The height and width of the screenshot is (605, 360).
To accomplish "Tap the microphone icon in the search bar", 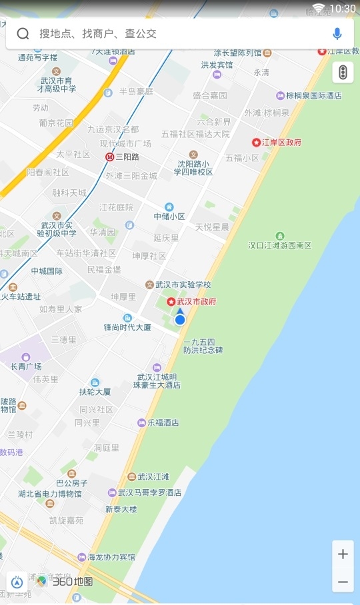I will (x=337, y=33).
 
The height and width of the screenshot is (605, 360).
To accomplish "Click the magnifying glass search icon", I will (x=23, y=34).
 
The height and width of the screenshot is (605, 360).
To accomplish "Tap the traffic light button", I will (x=343, y=72).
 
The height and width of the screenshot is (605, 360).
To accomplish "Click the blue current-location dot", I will (x=179, y=320).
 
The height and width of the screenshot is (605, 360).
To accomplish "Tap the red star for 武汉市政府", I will (x=171, y=302).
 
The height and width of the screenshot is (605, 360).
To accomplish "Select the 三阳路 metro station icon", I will (x=109, y=157).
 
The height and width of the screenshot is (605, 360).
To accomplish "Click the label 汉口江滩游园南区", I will (x=279, y=245).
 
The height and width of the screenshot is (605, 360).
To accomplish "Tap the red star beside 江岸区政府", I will (x=256, y=142).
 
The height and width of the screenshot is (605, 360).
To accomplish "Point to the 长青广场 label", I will (x=26, y=366).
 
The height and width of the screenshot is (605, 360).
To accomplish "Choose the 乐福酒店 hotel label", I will (x=163, y=422).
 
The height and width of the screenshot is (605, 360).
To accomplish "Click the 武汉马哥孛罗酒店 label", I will (x=149, y=492).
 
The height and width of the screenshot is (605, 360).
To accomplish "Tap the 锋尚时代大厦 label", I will (x=128, y=327).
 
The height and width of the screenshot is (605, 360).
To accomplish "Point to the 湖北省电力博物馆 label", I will (x=50, y=494).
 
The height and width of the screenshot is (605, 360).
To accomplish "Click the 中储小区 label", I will (x=169, y=216).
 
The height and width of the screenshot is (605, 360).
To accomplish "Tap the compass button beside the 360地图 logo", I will (x=17, y=581).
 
